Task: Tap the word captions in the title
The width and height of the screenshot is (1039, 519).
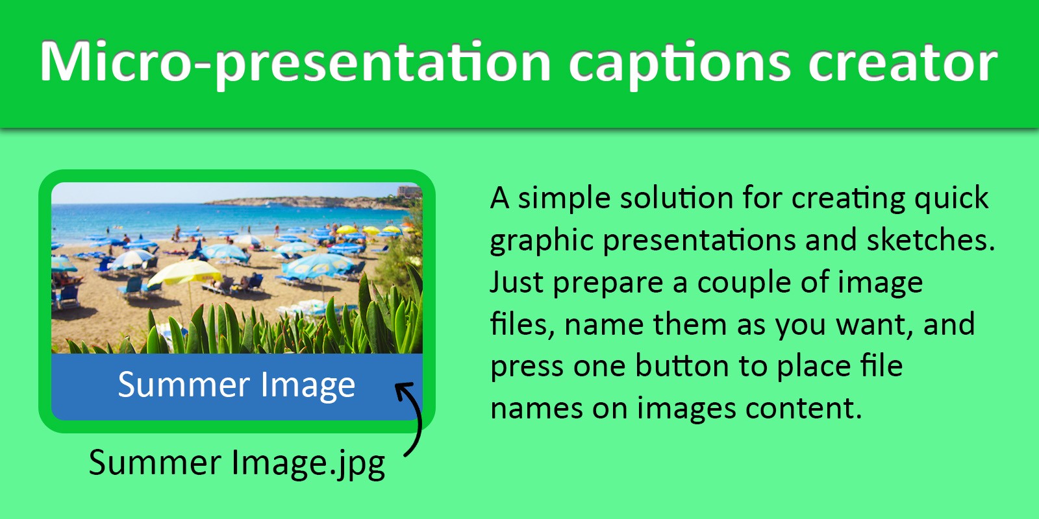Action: coord(679,64)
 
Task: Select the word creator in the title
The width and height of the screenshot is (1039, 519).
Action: coord(903,63)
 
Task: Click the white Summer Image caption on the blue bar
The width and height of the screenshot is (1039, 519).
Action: coord(236,385)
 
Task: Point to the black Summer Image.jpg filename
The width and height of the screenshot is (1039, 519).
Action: coord(237,464)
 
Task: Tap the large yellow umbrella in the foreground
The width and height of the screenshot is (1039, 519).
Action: coord(185,272)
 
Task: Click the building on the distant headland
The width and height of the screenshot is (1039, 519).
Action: coord(408,191)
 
